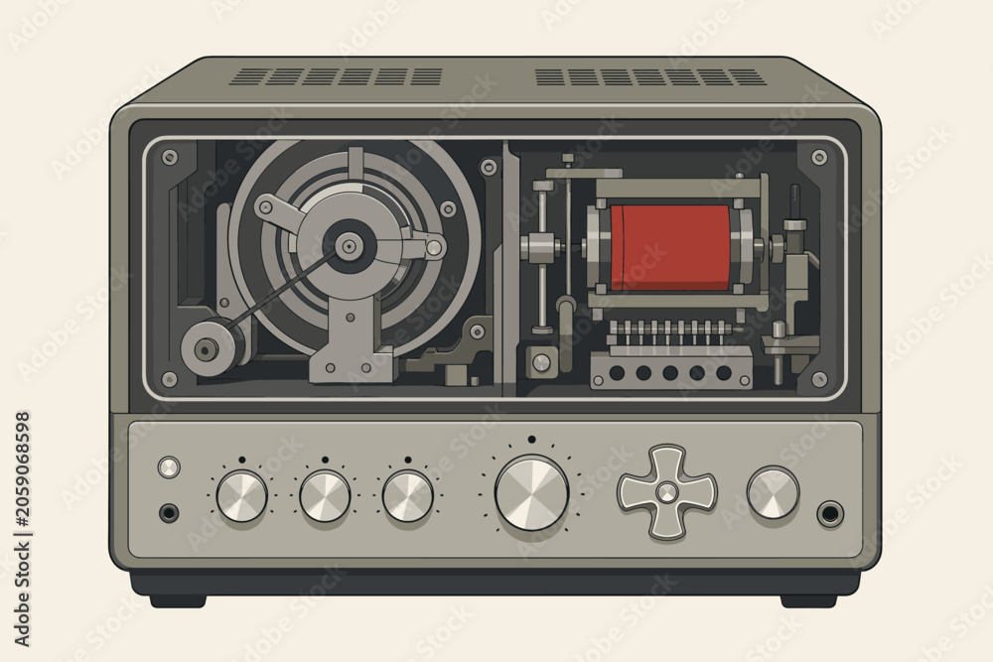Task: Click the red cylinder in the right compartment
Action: [x=670, y=247]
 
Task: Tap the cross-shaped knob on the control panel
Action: [x=667, y=491]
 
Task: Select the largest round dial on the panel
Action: [x=531, y=492]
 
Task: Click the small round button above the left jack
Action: [x=169, y=467]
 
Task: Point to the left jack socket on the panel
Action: [x=169, y=512]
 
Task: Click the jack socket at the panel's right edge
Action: [x=829, y=514]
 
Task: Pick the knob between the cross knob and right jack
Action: [x=773, y=493]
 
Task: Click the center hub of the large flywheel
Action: [x=348, y=245]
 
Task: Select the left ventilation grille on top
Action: [x=337, y=77]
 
